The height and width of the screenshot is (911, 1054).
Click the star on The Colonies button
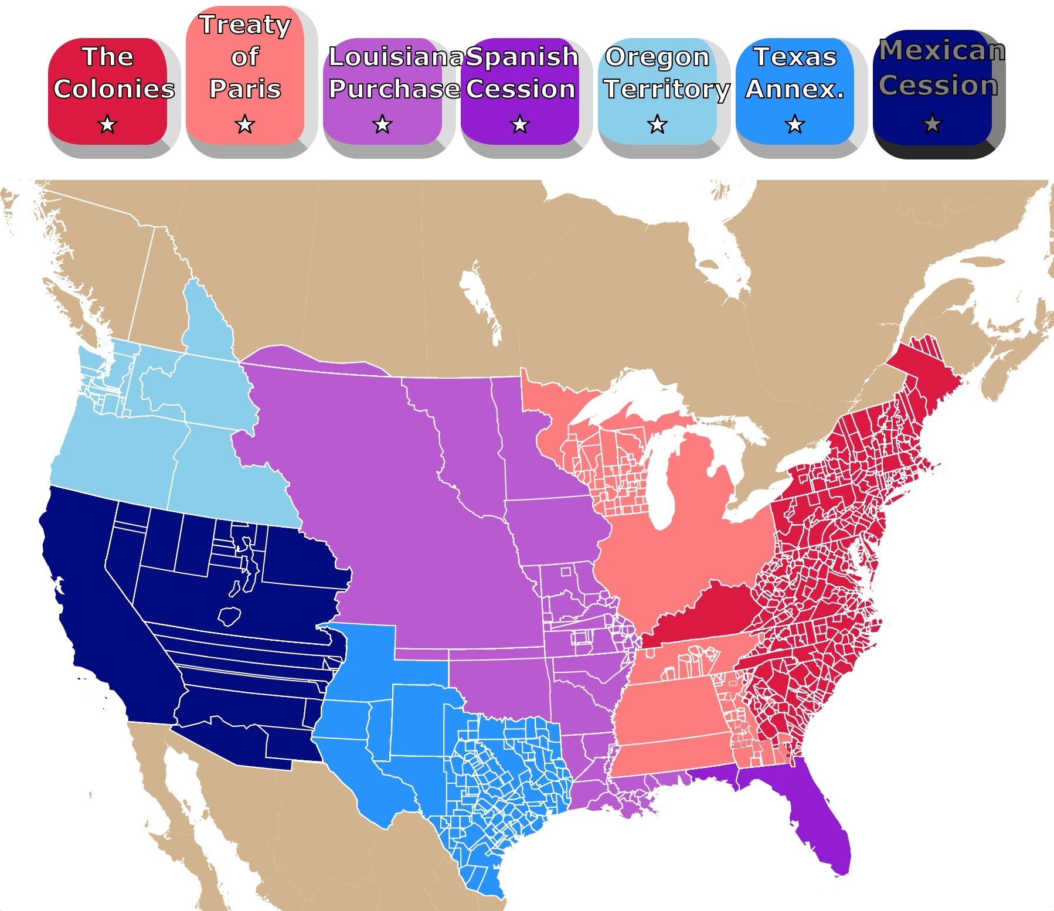click(107, 124)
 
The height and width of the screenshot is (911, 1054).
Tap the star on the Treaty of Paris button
click(245, 124)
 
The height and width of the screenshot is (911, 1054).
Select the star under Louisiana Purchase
click(382, 124)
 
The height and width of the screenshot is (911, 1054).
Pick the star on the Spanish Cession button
click(520, 124)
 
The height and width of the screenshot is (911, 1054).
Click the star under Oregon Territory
click(657, 124)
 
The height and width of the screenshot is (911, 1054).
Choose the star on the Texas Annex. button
click(795, 124)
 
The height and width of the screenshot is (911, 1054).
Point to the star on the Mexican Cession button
click(932, 124)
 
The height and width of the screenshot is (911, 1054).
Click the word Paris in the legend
click(245, 89)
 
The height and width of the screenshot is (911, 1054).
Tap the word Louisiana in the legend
click(396, 57)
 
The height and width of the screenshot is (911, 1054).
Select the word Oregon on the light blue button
click(657, 57)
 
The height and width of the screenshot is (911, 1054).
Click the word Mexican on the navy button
click(941, 50)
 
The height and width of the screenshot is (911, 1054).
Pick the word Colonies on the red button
click(114, 89)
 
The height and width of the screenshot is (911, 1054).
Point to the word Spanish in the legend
click(522, 57)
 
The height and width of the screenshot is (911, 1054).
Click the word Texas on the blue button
click(795, 57)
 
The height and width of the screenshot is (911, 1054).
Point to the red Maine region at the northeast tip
click(926, 375)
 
